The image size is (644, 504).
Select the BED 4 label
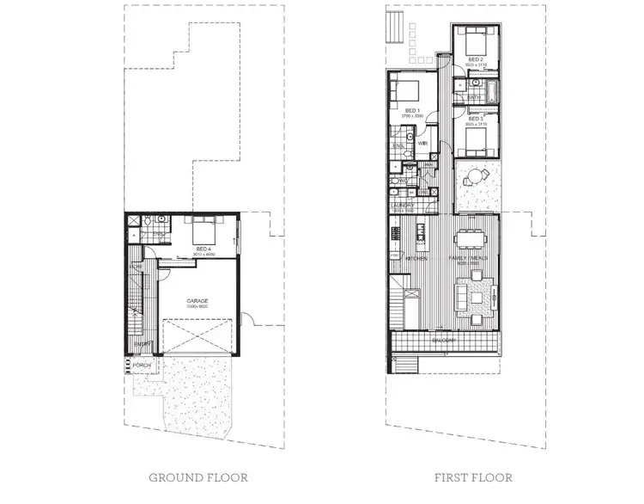click(x=204, y=248)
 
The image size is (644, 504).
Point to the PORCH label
click(x=142, y=366)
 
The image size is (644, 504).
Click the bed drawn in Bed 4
click(x=204, y=230)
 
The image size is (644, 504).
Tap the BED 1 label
click(x=411, y=111)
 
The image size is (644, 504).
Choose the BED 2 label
click(x=475, y=60)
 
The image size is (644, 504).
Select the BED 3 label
click(x=475, y=120)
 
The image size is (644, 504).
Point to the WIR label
click(x=423, y=143)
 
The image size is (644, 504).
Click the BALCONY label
click(x=445, y=340)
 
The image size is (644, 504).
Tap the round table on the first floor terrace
click(x=472, y=179)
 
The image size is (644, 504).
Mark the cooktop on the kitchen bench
click(x=397, y=232)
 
